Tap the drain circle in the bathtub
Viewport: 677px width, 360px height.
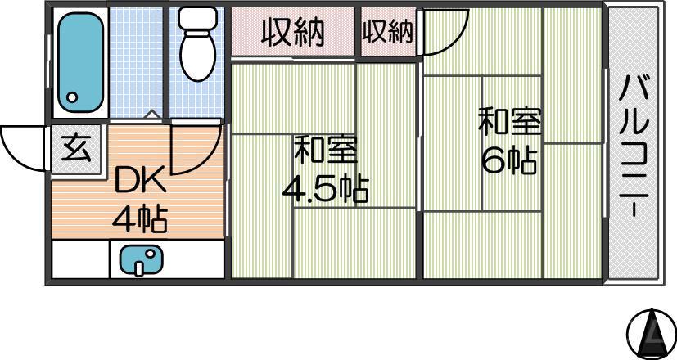point(71,98)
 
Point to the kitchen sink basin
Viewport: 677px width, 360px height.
point(141,261)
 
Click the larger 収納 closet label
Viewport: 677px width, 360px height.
point(292,33)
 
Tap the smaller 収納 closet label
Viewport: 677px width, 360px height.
point(387,32)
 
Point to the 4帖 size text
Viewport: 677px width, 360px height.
point(140,218)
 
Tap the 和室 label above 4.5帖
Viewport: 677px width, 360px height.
point(325,151)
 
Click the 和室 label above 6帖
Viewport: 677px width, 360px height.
point(509,122)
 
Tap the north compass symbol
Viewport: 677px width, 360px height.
point(651,331)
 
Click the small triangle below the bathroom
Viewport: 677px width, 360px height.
point(149,115)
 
